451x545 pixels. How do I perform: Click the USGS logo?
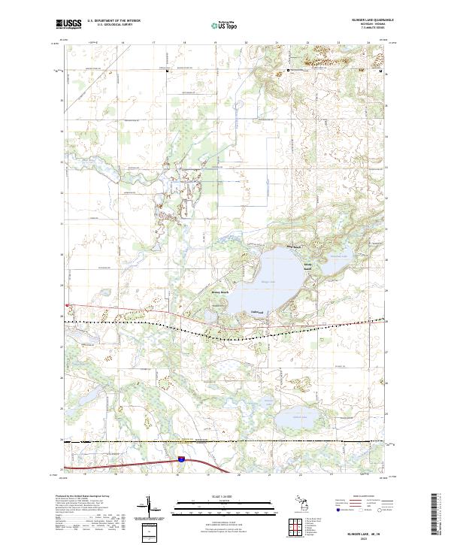pyautogui.click(x=68, y=24)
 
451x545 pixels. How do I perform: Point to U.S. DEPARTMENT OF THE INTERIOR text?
pyautogui.click(x=114, y=21)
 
